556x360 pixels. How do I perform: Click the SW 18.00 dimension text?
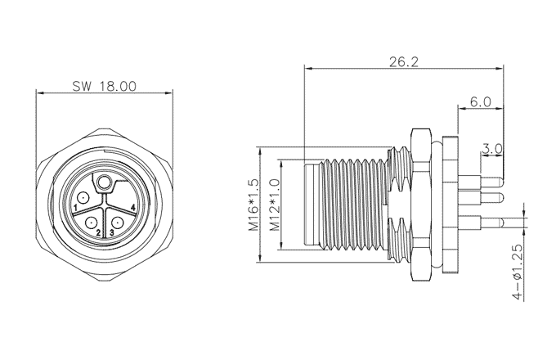point(105,86)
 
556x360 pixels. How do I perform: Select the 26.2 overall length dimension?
point(404,61)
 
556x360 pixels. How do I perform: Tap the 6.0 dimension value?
point(481,102)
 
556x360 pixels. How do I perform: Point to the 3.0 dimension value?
point(492,149)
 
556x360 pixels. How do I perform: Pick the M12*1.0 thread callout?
point(276,205)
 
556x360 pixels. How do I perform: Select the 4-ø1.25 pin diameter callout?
point(518,272)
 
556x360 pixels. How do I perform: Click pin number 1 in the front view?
point(75,207)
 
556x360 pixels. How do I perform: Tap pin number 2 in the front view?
point(98,232)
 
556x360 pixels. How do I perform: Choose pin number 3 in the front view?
point(112,232)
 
